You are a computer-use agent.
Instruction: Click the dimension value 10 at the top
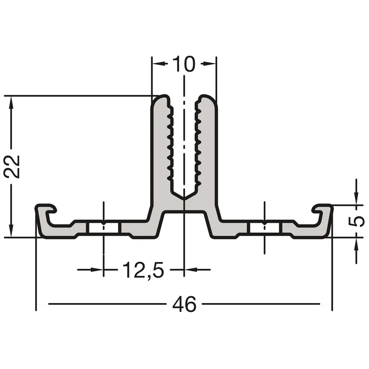tap(184, 64)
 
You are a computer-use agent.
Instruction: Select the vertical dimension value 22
tap(12, 167)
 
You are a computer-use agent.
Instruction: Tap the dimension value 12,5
tap(143, 270)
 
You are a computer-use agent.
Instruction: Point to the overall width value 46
tap(184, 304)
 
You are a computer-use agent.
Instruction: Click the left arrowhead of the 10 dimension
tap(159, 63)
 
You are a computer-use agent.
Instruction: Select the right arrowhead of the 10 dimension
tap(209, 63)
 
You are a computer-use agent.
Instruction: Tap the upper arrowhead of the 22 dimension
tap(11, 103)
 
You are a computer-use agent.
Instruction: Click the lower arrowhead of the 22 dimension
tap(11, 231)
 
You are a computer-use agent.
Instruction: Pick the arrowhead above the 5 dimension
tap(356, 198)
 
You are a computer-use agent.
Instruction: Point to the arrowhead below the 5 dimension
tap(356, 244)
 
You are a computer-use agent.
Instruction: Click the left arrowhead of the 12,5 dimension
tap(97, 270)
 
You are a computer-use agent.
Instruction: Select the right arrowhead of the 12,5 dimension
tap(191, 270)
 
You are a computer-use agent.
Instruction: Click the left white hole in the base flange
tap(103, 227)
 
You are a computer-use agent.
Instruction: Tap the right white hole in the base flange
tap(265, 227)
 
